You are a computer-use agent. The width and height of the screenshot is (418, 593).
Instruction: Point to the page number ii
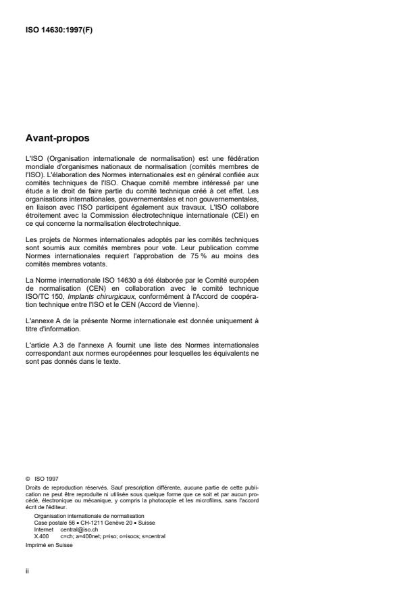coord(26,569)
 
